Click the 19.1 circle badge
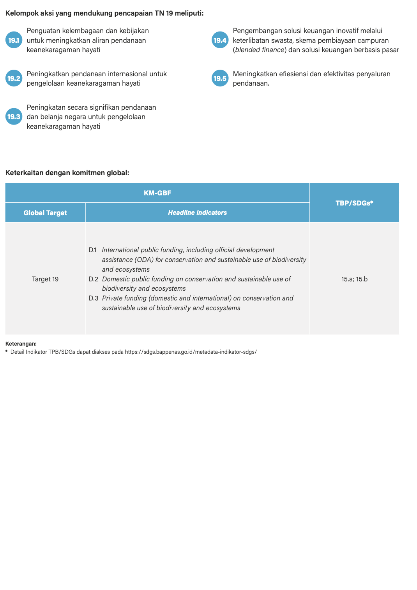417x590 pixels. [x=14, y=40]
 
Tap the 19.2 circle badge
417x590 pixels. [x=14, y=78]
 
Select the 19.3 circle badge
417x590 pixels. [x=14, y=116]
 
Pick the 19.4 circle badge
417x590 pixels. [x=220, y=40]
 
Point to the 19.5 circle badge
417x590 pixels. [x=220, y=78]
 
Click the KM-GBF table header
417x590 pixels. [x=157, y=193]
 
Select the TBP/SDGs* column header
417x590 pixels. [x=354, y=203]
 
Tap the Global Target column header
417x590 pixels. [x=45, y=213]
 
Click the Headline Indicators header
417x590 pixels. [x=197, y=213]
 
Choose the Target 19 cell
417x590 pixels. [x=45, y=279]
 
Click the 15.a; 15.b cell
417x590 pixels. [x=354, y=279]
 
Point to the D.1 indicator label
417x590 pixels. [x=92, y=250]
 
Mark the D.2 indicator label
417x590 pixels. [x=93, y=279]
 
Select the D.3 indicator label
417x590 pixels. [x=93, y=298]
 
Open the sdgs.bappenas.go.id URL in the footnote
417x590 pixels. [x=191, y=352]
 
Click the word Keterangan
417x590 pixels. [x=21, y=344]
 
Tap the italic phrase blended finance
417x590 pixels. [x=260, y=50]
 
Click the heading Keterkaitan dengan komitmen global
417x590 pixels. [x=67, y=173]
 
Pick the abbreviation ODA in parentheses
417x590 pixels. [x=144, y=260]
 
